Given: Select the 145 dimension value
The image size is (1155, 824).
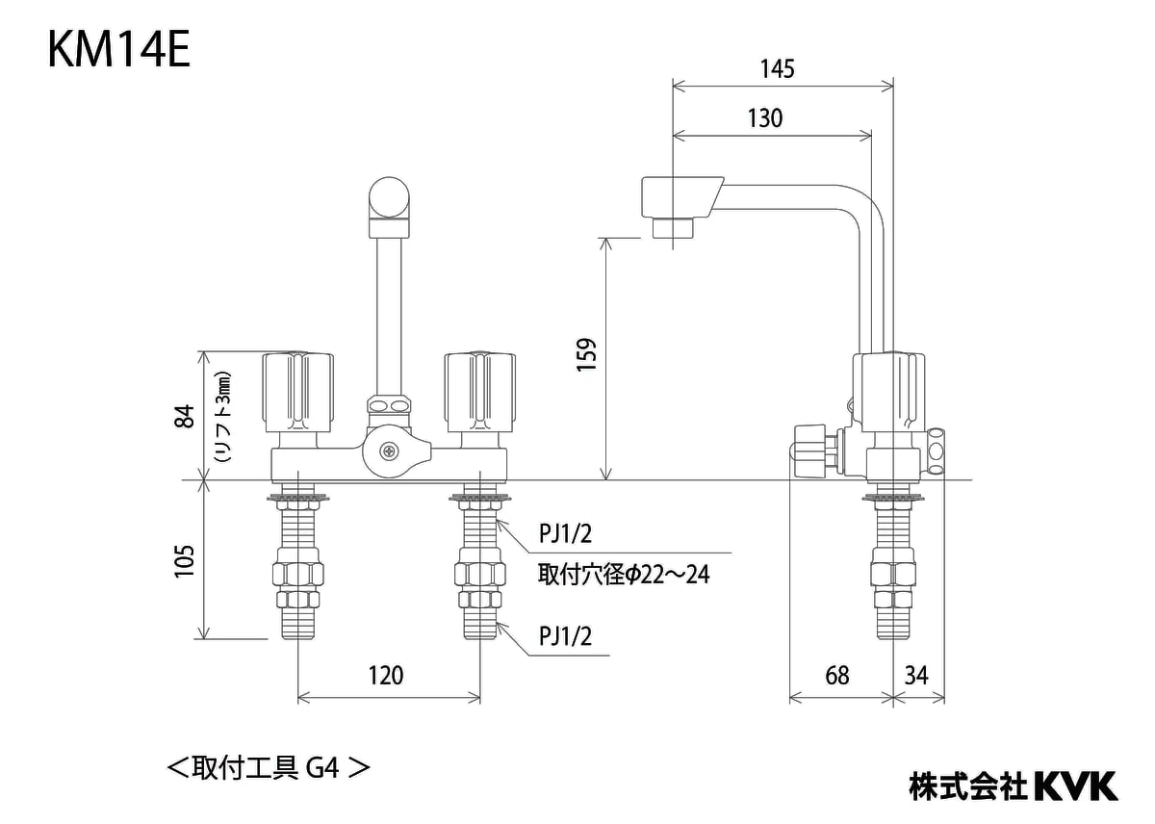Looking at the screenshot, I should (777, 69).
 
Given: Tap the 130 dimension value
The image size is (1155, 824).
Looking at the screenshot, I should (764, 119).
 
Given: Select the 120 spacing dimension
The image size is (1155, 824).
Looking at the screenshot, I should (386, 676).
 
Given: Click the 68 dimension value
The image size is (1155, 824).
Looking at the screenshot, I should (837, 676).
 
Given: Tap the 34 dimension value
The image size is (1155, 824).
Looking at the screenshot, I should (916, 676).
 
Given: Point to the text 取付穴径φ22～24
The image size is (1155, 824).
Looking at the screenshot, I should (624, 576).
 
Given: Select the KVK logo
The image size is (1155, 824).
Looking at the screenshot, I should (1075, 785).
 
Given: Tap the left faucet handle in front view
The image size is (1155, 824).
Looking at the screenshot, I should (298, 393).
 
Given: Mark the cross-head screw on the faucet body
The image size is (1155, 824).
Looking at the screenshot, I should (389, 450).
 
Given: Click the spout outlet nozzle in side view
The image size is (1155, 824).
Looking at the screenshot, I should (673, 228).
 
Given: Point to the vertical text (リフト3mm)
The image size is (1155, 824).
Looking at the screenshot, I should (223, 417).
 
